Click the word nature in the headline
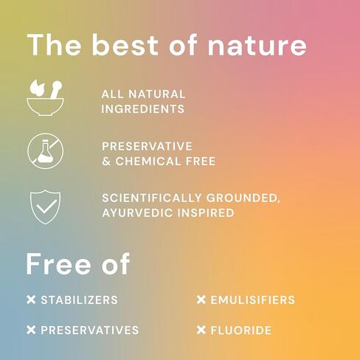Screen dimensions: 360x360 click(257, 46)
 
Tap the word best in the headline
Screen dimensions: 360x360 click(125, 45)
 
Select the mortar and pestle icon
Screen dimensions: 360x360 click(45, 97)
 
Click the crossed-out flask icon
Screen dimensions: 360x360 click(45, 151)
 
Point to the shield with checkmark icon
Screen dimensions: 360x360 click(45, 207)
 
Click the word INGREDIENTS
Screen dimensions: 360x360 click(143, 109)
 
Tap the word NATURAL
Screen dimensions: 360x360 click(157, 94)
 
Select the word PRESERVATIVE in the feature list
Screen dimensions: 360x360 click(147, 146)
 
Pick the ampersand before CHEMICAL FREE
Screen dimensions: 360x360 click(106, 162)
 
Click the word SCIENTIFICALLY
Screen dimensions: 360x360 click(152, 198)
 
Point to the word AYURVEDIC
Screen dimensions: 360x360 click(137, 213)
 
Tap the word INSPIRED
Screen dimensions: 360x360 click(206, 213)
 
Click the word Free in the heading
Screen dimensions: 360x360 click(58, 263)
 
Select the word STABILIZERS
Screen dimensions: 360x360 click(79, 300)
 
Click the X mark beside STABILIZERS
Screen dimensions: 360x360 click(31, 300)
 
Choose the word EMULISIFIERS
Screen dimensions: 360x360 click(253, 300)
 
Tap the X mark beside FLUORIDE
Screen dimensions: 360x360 click(201, 330)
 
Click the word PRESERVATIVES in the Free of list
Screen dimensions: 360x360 click(90, 330)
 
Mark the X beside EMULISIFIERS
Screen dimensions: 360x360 click(201, 300)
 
